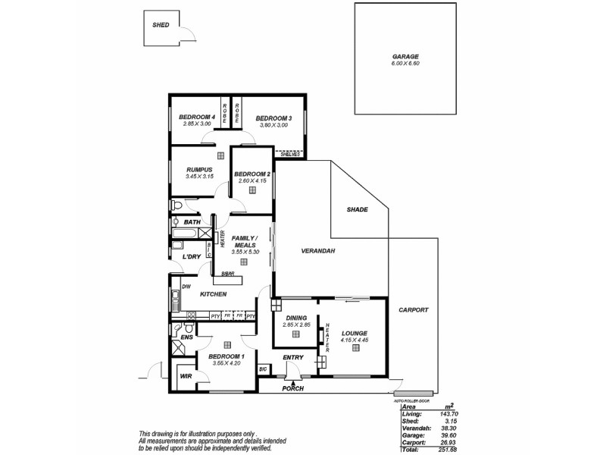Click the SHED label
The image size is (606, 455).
pyautogui.click(x=161, y=25)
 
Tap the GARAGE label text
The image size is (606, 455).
pyautogui.click(x=405, y=57)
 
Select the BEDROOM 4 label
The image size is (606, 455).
pyautogui.click(x=197, y=118)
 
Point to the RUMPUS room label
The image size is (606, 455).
pyautogui.click(x=198, y=170)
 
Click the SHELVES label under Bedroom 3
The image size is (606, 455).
pyautogui.click(x=291, y=154)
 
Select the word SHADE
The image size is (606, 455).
pyautogui.click(x=357, y=209)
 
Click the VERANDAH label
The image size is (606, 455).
pyautogui.click(x=317, y=250)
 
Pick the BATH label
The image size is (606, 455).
pyautogui.click(x=192, y=222)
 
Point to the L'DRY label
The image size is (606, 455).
pyautogui.click(x=191, y=257)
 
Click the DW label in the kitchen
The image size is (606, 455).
pyautogui.click(x=186, y=287)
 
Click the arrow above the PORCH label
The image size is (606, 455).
pyautogui.click(x=292, y=383)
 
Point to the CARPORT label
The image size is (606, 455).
pyautogui.click(x=413, y=310)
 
